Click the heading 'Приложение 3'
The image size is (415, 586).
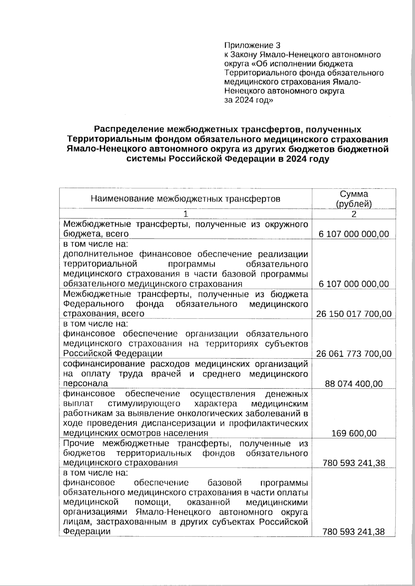[252, 45]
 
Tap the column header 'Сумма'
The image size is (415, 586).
[353, 194]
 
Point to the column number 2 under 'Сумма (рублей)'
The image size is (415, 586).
[354, 214]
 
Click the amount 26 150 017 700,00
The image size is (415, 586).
[354, 314]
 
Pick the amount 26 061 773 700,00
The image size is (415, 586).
[354, 354]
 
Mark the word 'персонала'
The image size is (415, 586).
[85, 384]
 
